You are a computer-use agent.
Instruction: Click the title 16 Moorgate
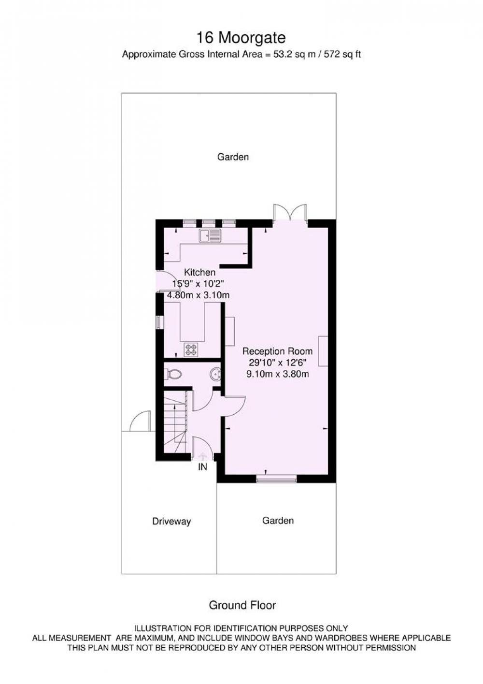pos(241,38)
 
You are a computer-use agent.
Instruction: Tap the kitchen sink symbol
pos(210,235)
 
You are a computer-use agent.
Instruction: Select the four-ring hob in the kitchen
pos(191,349)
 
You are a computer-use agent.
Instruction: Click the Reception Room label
pos(277,351)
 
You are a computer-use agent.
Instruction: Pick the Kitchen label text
pos(199,272)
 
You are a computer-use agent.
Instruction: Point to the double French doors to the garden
pos(290,212)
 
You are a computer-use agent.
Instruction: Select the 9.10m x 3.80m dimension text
pos(277,374)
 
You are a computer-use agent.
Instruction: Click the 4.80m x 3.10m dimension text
pos(199,295)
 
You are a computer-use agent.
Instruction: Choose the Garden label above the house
pos(233,157)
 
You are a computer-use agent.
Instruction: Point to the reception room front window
pos(276,480)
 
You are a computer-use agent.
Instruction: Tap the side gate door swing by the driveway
pos(140,421)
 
